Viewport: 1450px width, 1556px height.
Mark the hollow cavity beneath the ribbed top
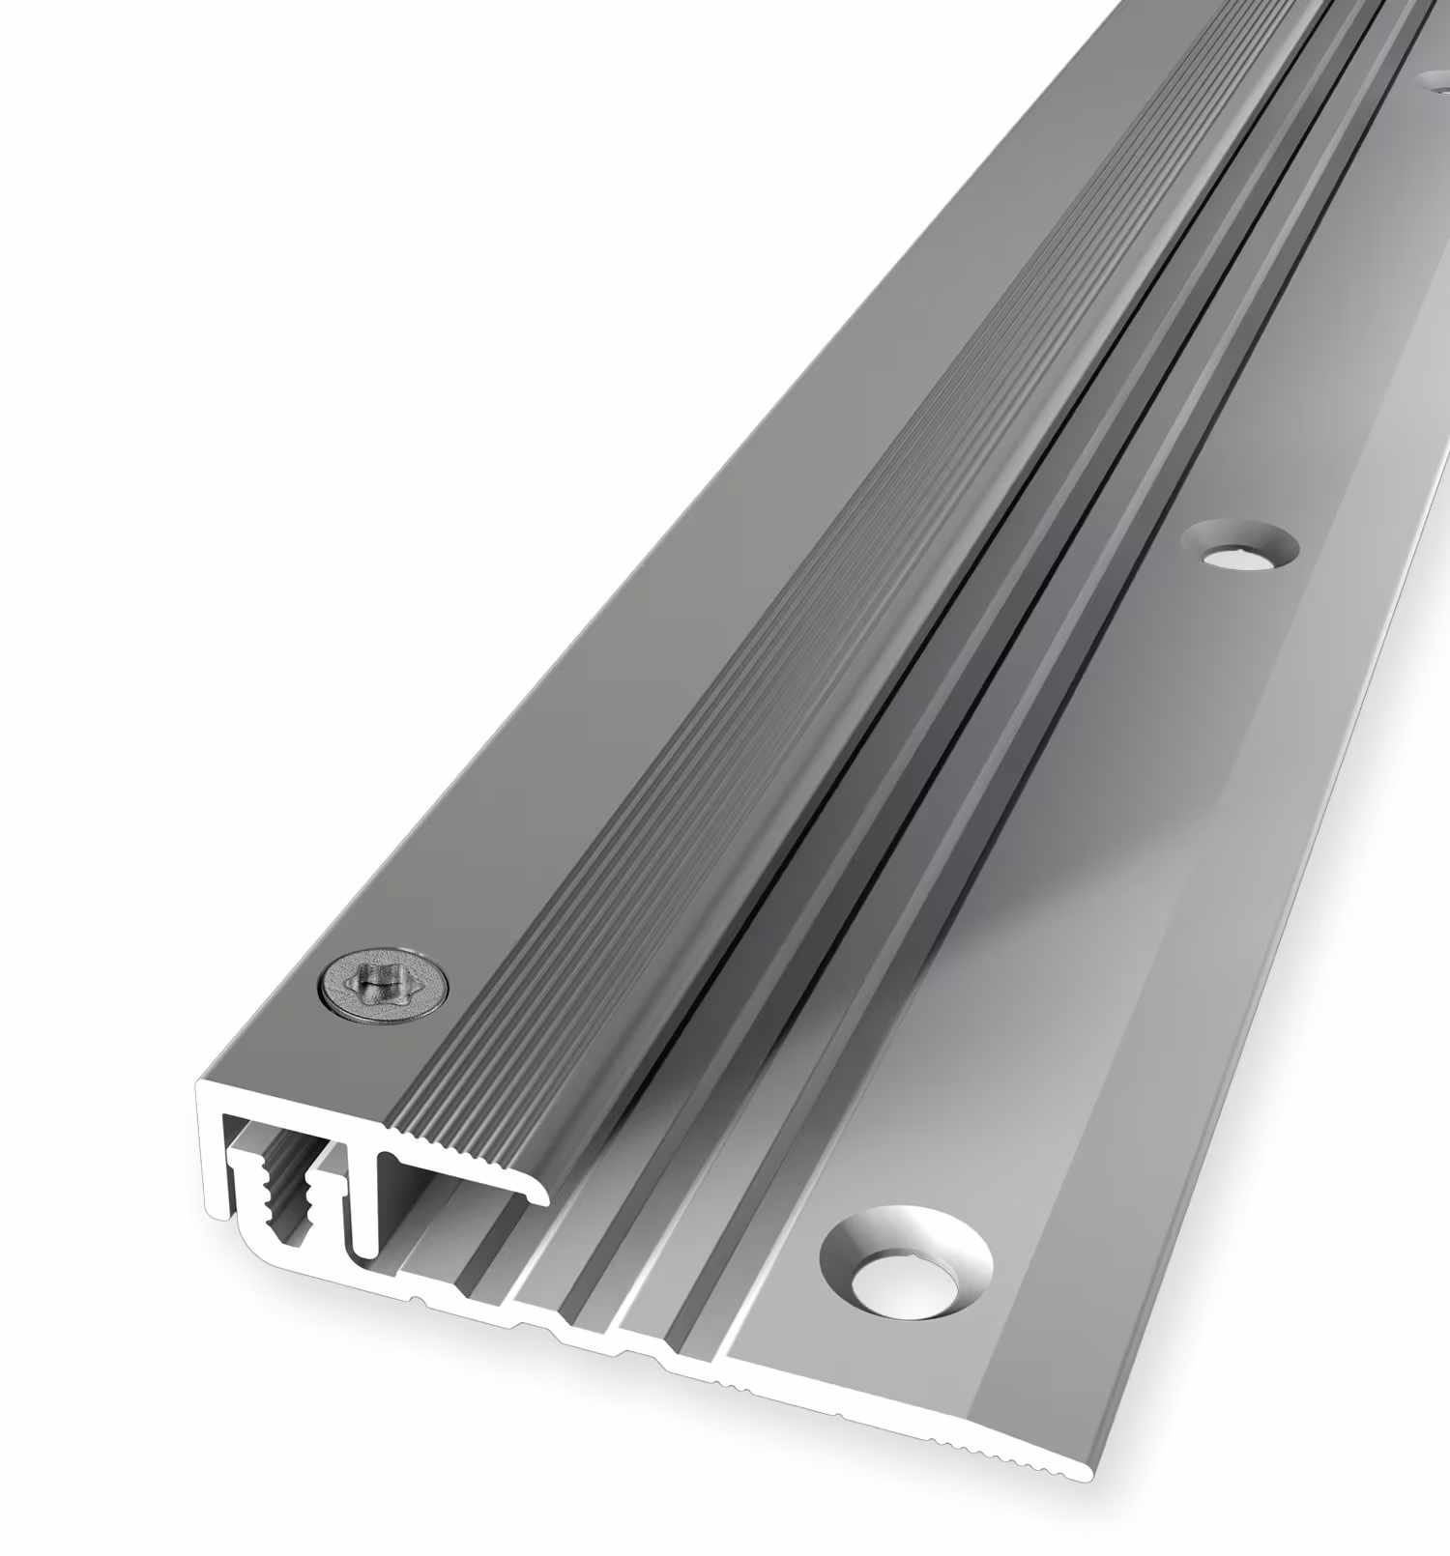(454, 1189)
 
